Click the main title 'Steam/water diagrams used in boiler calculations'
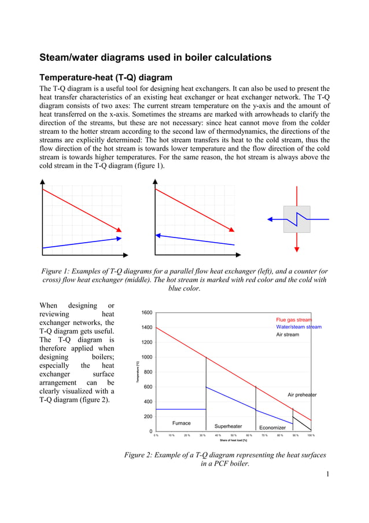click(155, 57)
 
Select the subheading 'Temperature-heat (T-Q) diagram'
click(105, 77)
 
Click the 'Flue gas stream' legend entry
click(294, 320)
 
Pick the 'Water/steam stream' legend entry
click(298, 327)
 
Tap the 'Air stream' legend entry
click(287, 335)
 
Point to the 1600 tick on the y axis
click(147, 313)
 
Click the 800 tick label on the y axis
click(149, 372)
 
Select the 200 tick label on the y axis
click(149, 416)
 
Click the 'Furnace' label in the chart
click(182, 423)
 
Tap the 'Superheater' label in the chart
click(228, 427)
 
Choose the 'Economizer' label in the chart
click(272, 427)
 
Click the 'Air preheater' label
click(302, 395)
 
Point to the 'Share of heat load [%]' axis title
click(234, 440)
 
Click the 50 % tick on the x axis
click(234, 434)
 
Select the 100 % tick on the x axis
click(311, 434)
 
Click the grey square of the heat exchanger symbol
click(296, 220)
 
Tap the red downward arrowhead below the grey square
click(296, 248)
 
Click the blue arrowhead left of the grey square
click(270, 220)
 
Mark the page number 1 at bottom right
click(327, 475)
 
